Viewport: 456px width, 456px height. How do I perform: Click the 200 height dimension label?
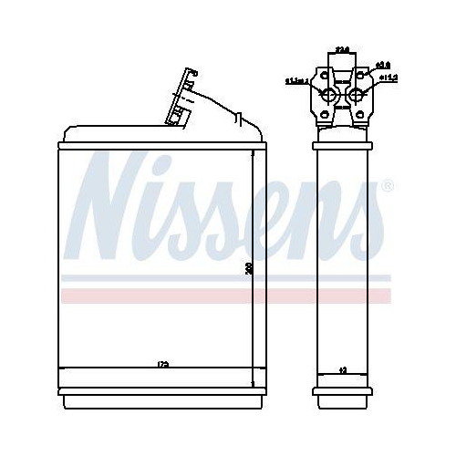(247, 269)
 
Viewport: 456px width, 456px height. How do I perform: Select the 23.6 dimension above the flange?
(342, 49)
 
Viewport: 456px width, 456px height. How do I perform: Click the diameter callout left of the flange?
(295, 81)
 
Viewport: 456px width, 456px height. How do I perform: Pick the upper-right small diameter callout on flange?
(384, 64)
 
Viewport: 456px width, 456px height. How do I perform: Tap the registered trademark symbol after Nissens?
(387, 187)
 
